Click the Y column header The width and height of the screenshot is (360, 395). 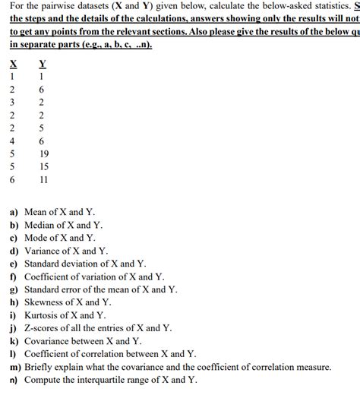tap(42, 63)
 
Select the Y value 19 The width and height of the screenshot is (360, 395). tap(44, 153)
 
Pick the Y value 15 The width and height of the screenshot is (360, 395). tap(44, 166)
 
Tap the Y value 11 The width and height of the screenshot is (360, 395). tap(44, 180)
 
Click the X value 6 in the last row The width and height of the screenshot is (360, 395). tap(12, 180)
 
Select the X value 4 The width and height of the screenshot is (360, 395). tap(12, 141)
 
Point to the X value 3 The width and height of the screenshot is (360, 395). tap(12, 102)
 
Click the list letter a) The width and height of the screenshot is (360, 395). tap(14, 212)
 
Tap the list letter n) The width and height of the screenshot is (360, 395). tap(14, 379)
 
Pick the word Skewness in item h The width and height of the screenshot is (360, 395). tap(45, 302)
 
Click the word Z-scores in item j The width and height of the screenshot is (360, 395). tap(43, 328)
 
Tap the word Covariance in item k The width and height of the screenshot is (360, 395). tap(49, 341)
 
